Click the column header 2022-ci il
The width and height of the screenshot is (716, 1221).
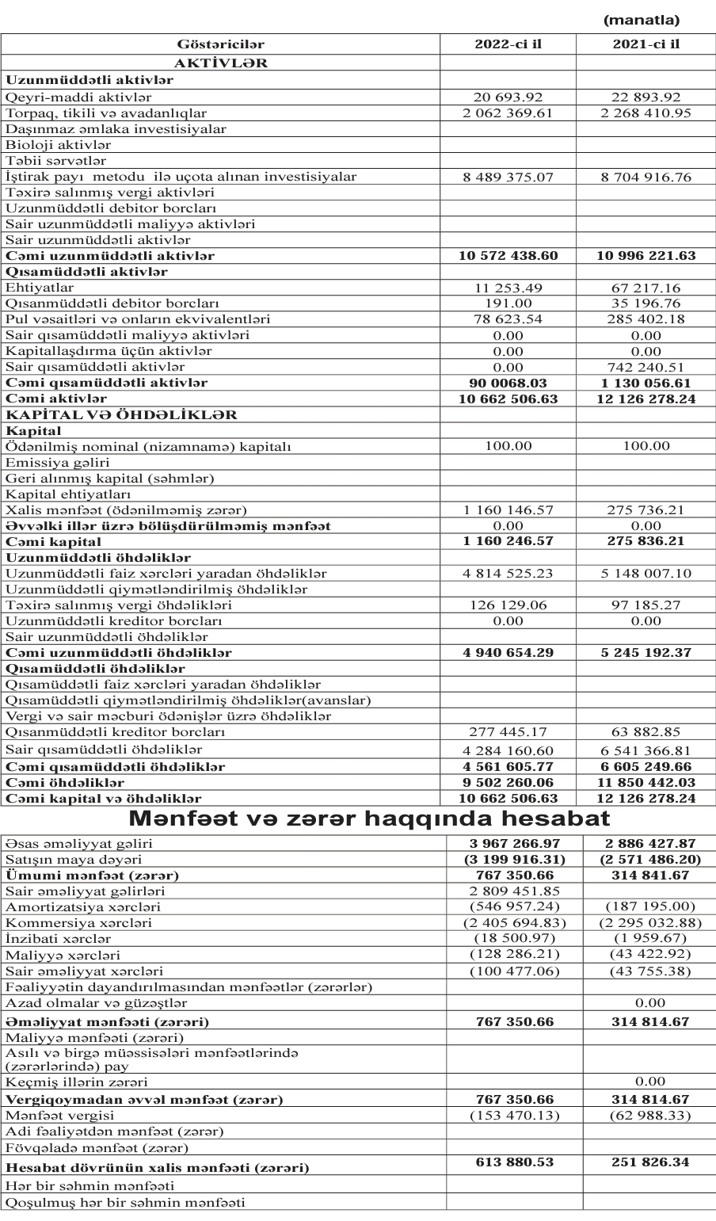508,44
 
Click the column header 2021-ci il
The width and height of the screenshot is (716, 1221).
646,44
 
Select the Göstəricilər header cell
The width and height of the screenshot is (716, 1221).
221,44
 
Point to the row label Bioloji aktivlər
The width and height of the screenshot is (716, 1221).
59,145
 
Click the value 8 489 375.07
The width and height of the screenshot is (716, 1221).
508,177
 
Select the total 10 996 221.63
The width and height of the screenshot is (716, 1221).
646,256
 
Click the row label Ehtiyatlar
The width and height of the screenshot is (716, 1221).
40,288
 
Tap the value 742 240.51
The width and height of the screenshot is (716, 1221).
646,367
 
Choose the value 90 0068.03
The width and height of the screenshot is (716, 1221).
508,383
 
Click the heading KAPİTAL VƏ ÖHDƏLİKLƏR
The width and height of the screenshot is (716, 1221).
122,415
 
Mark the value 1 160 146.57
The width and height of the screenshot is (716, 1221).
508,510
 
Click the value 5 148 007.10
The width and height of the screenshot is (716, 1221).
646,574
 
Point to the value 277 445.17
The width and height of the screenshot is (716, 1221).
508,733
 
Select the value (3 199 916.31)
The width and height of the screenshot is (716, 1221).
508,860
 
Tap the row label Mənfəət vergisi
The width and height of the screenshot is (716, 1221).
53,1115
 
